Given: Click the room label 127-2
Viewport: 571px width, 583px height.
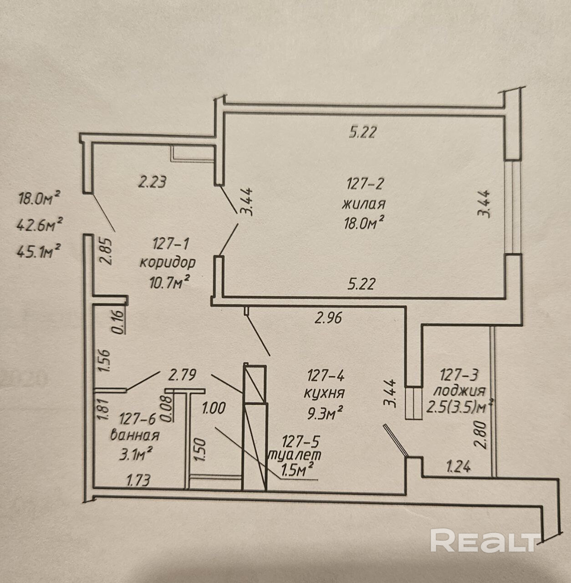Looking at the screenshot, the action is point(366,184).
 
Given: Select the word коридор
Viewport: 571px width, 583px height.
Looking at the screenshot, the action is point(168,263).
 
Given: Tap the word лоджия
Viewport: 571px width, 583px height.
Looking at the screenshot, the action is point(459,391).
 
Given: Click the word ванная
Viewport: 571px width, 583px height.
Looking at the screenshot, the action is point(135,435).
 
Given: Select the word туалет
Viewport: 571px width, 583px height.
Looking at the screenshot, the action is point(296,455).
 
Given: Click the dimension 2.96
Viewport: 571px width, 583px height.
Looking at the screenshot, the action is point(328,317).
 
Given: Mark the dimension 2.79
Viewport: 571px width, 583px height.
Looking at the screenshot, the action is point(182,376).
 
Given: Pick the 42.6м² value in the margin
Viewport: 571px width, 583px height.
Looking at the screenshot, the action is point(40,224).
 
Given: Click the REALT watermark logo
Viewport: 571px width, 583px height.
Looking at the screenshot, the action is point(484,541).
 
